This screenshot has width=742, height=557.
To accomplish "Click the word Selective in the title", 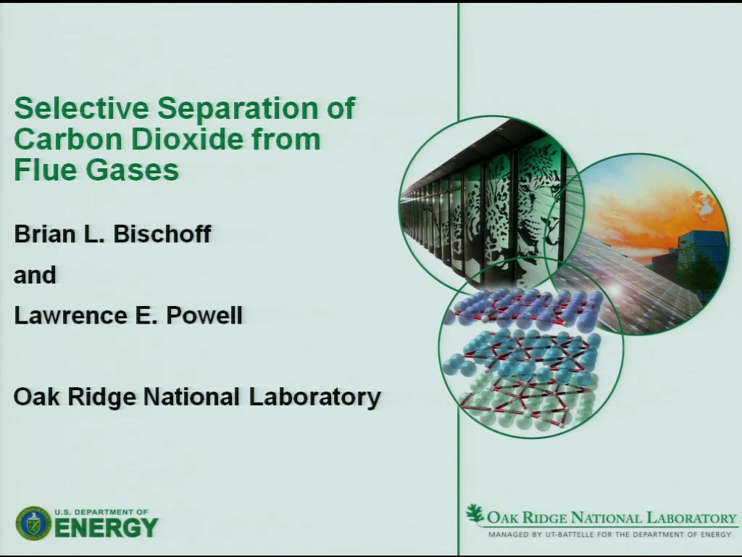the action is [81, 107].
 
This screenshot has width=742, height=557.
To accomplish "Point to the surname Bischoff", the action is [162, 234].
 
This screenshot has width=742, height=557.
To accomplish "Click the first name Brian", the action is [45, 234].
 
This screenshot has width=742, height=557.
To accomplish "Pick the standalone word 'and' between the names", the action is [35, 275].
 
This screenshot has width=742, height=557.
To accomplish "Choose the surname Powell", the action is [204, 315].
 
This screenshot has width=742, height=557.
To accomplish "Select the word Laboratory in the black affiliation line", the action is [314, 397].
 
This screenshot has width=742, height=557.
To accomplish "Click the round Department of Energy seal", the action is [33, 524].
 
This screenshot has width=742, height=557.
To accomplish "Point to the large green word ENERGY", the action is [106, 528].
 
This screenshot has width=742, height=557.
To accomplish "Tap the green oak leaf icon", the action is [475, 514].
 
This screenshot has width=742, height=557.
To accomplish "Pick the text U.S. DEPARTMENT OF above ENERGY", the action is [101, 512].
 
